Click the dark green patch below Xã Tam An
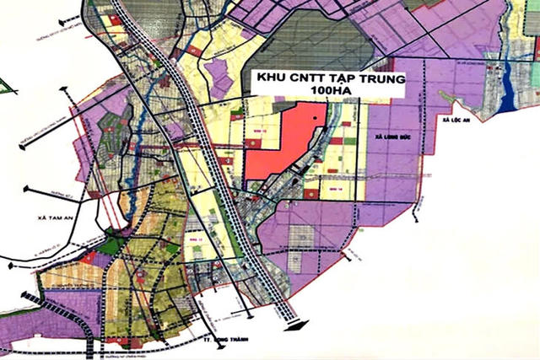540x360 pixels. coord(111,246)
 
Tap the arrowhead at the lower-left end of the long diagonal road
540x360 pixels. coord(24,298)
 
